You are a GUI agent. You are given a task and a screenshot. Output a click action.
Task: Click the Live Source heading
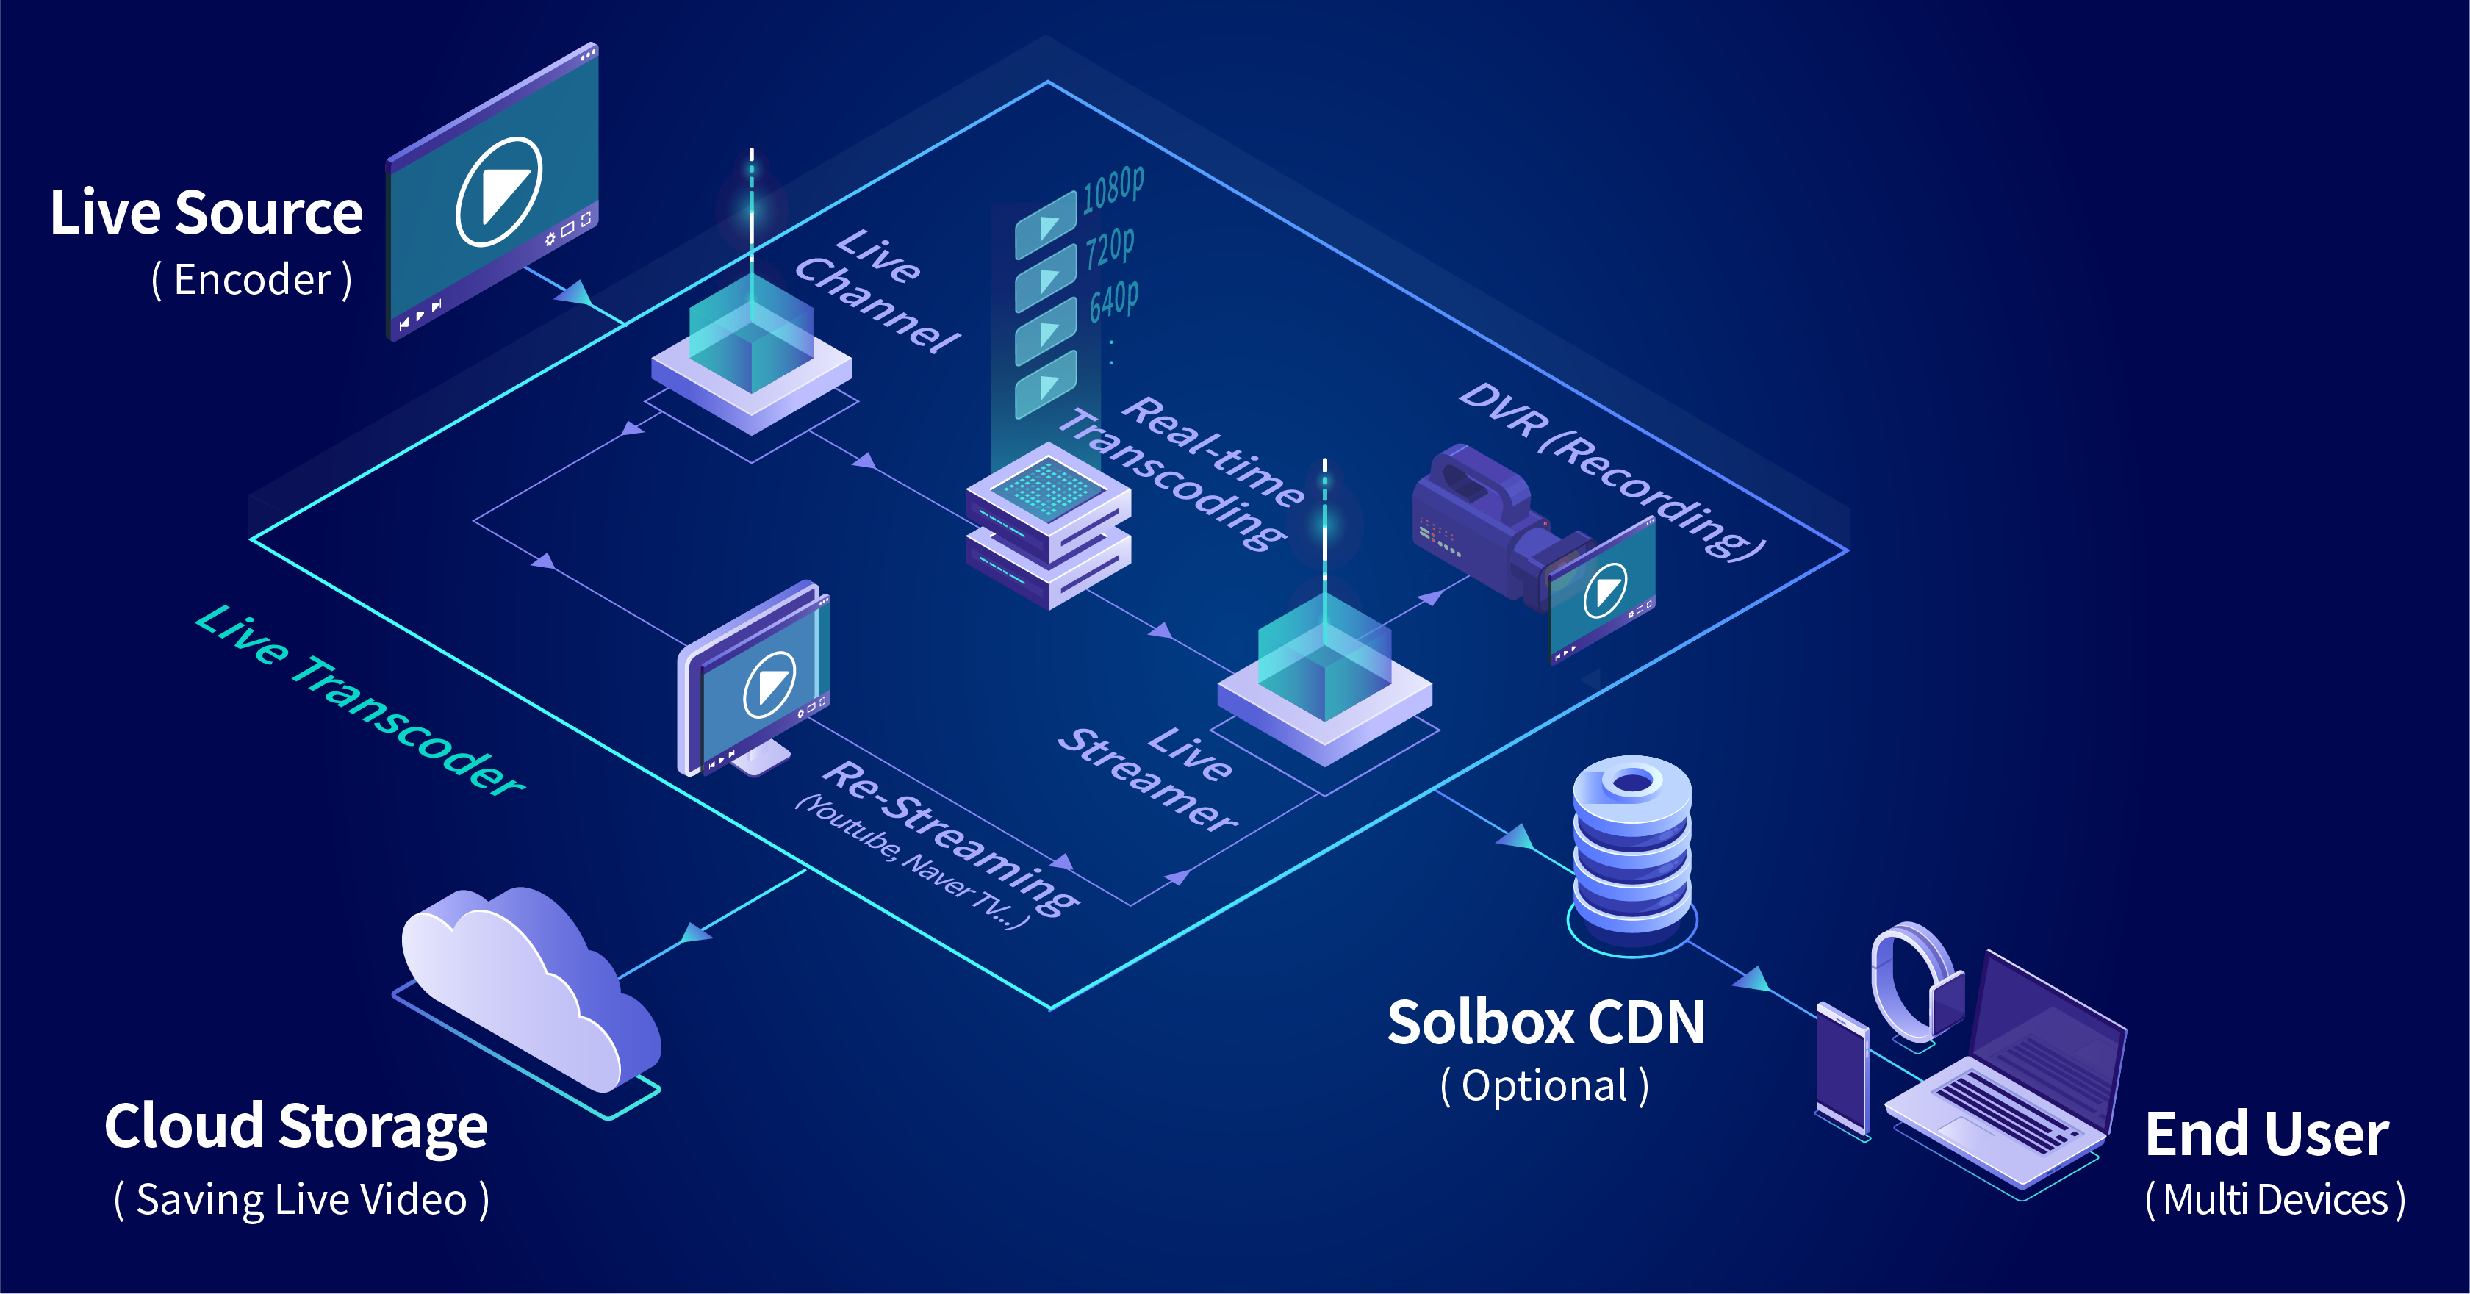[207, 213]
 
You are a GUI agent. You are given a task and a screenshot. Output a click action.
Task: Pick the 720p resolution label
[1110, 248]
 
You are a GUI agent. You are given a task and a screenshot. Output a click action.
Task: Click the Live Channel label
[877, 290]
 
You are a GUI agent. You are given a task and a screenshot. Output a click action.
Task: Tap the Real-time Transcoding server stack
[1048, 525]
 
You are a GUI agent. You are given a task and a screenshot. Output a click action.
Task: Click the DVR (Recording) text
[1611, 470]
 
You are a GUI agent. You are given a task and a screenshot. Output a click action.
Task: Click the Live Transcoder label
[359, 700]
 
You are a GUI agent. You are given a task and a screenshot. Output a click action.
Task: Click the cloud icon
[528, 988]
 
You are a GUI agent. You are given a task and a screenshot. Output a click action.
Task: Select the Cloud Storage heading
[296, 1126]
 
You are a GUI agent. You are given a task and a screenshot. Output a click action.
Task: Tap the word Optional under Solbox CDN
[1545, 1086]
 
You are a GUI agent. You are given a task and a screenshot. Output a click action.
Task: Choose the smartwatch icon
[1913, 982]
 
